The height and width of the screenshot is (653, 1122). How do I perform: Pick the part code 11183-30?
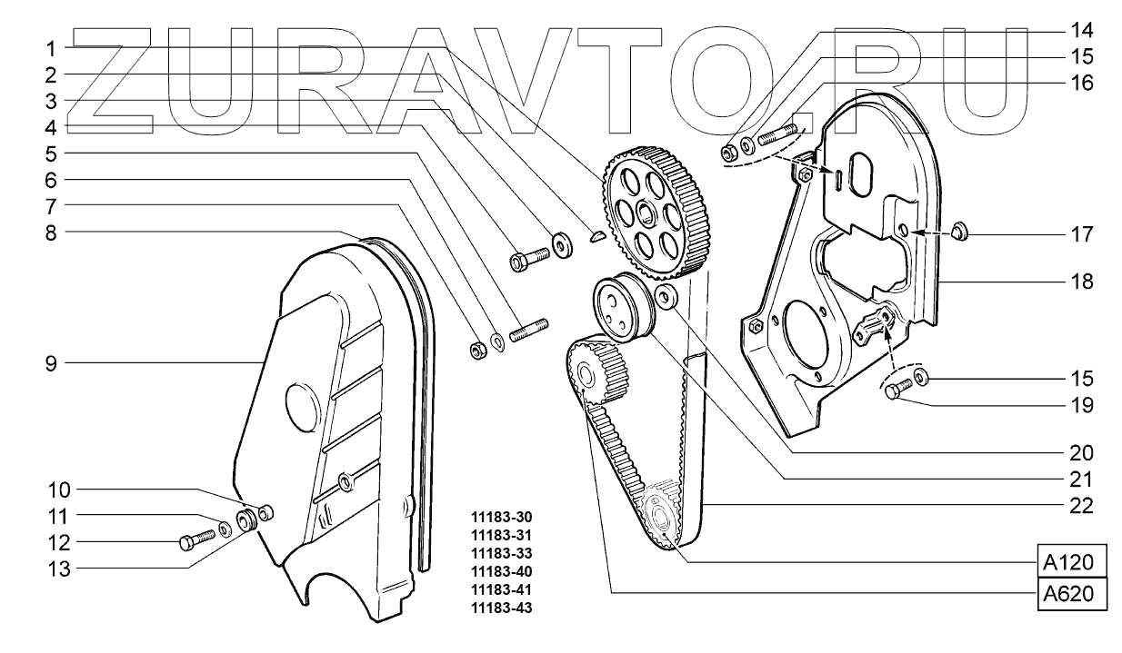498,517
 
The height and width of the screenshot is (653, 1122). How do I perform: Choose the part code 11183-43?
498,608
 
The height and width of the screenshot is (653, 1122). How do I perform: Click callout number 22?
1081,505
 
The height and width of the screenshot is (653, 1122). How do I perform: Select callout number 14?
1081,27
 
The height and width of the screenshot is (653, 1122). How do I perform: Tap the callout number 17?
1081,234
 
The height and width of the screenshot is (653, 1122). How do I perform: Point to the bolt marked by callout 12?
195,541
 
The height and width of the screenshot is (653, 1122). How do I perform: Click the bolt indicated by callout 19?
895,391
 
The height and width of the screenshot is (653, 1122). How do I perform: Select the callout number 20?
1081,451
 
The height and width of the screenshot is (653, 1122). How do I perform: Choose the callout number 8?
53,233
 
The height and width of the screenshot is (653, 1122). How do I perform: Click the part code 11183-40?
498,571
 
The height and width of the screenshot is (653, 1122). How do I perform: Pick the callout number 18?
1081,282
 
